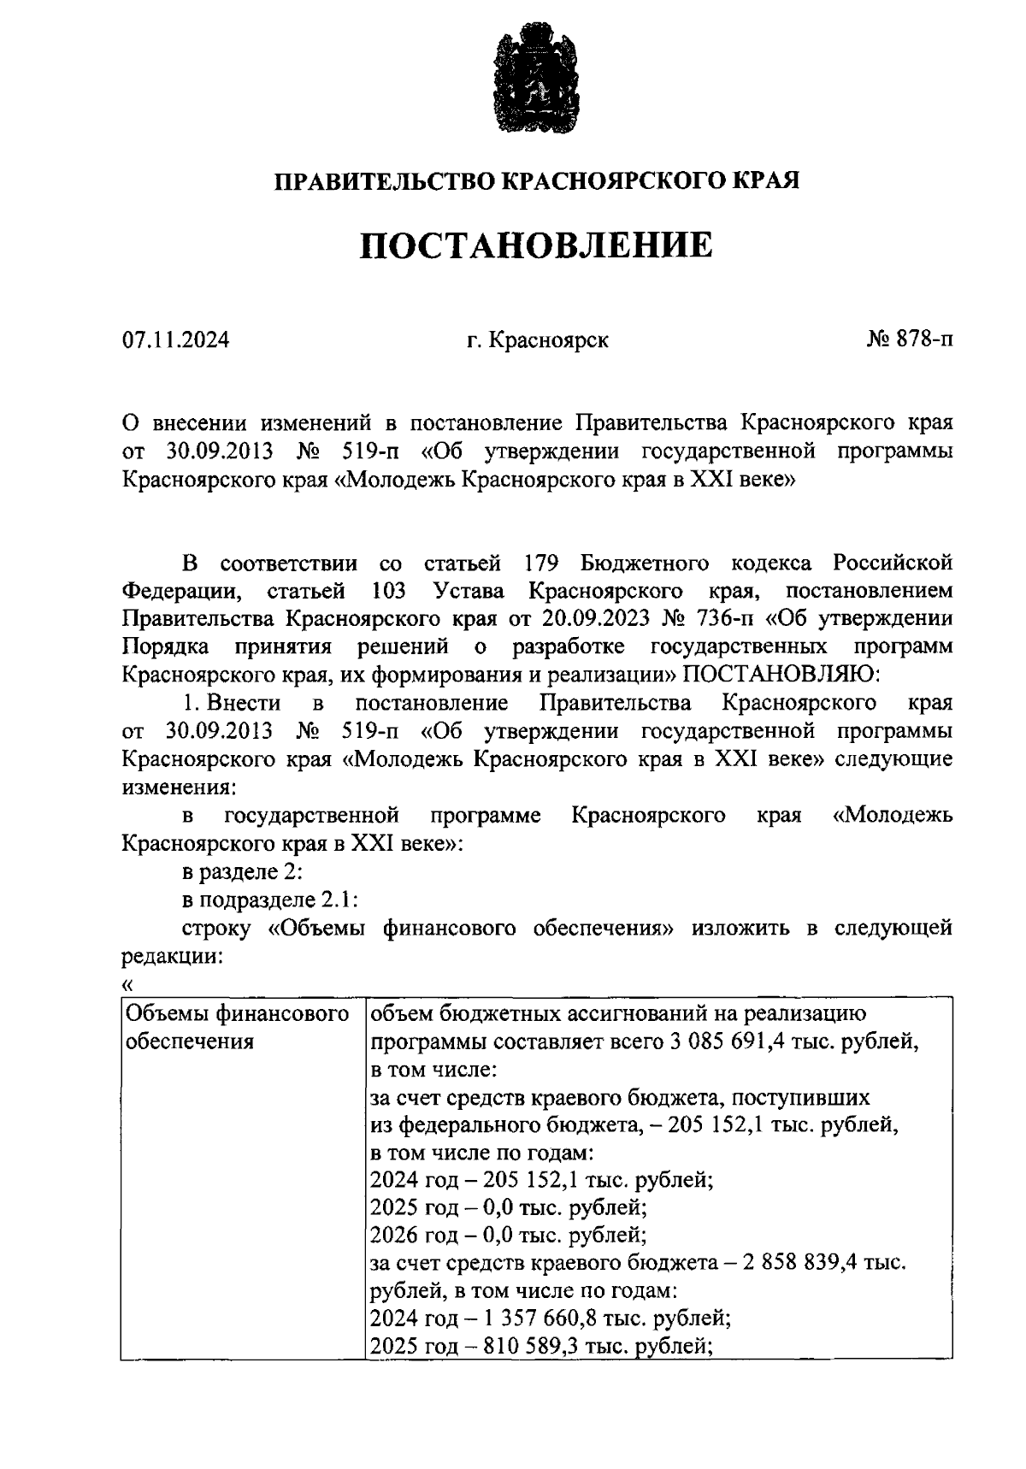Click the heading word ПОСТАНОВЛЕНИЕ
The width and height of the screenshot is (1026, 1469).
(x=536, y=245)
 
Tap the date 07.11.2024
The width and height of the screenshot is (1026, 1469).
(x=175, y=340)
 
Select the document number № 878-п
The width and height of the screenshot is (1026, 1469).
(x=908, y=339)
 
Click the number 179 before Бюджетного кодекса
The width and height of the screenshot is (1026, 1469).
(x=539, y=563)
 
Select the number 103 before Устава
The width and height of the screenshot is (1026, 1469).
(x=389, y=591)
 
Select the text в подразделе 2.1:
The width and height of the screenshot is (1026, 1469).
(x=269, y=900)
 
